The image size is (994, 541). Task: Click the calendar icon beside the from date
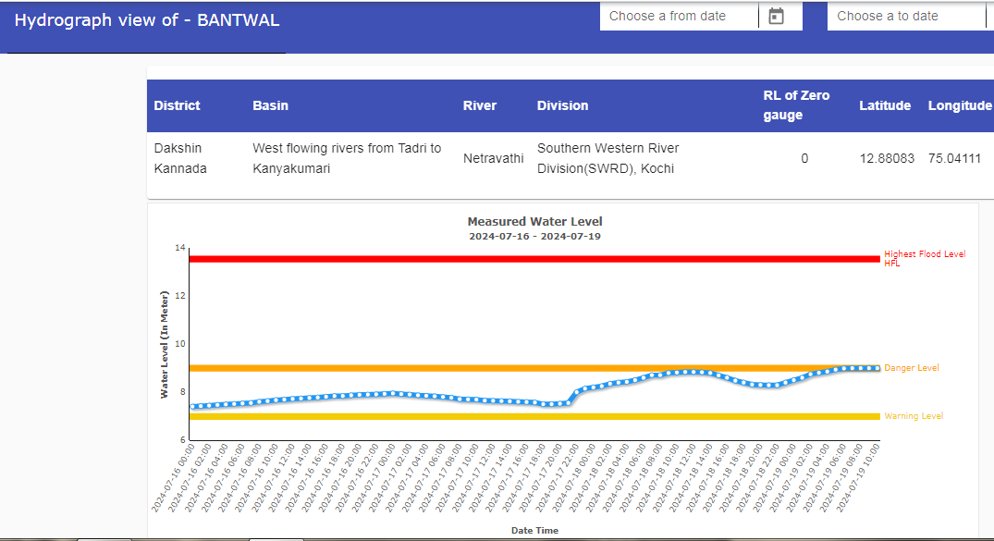pos(777,16)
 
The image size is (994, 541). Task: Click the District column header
pos(177,105)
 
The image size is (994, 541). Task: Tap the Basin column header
pos(270,105)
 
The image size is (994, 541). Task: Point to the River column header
pos(480,105)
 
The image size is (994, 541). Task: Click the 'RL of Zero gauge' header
pos(796,105)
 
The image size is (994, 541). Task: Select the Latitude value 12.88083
pos(887,158)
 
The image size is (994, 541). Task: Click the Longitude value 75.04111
pos(954,158)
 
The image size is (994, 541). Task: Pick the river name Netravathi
pos(493,158)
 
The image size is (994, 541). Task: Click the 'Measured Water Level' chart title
pos(534,222)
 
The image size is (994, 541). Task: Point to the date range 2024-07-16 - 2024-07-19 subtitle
pos(534,236)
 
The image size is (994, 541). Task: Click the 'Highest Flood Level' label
pos(924,254)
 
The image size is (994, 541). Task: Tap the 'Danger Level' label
pos(911,368)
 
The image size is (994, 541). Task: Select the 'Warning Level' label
pos(914,416)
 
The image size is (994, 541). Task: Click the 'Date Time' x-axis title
pos(534,531)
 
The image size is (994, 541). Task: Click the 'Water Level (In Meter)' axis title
pos(165,344)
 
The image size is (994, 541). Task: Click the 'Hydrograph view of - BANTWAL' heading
pos(146,19)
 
